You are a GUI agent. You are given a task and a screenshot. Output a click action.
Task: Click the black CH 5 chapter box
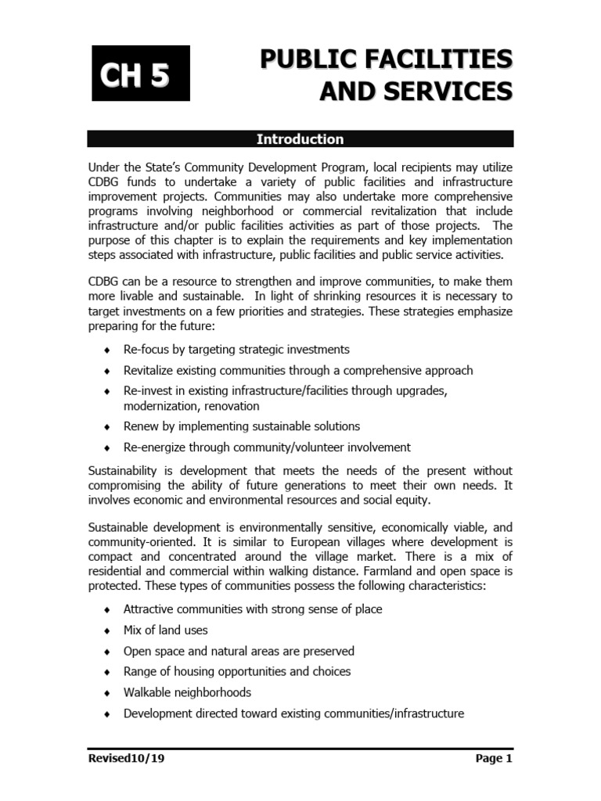(141, 74)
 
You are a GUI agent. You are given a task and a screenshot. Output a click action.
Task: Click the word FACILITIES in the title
(443, 59)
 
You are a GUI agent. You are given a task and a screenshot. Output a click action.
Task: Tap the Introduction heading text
(300, 139)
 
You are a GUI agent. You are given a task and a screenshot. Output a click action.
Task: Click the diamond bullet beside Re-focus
(107, 350)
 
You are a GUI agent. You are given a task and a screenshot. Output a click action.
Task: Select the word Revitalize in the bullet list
(149, 370)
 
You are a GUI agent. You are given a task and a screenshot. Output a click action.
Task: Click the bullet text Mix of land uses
(165, 630)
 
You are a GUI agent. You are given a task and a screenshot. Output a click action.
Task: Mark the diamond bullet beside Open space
(107, 652)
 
